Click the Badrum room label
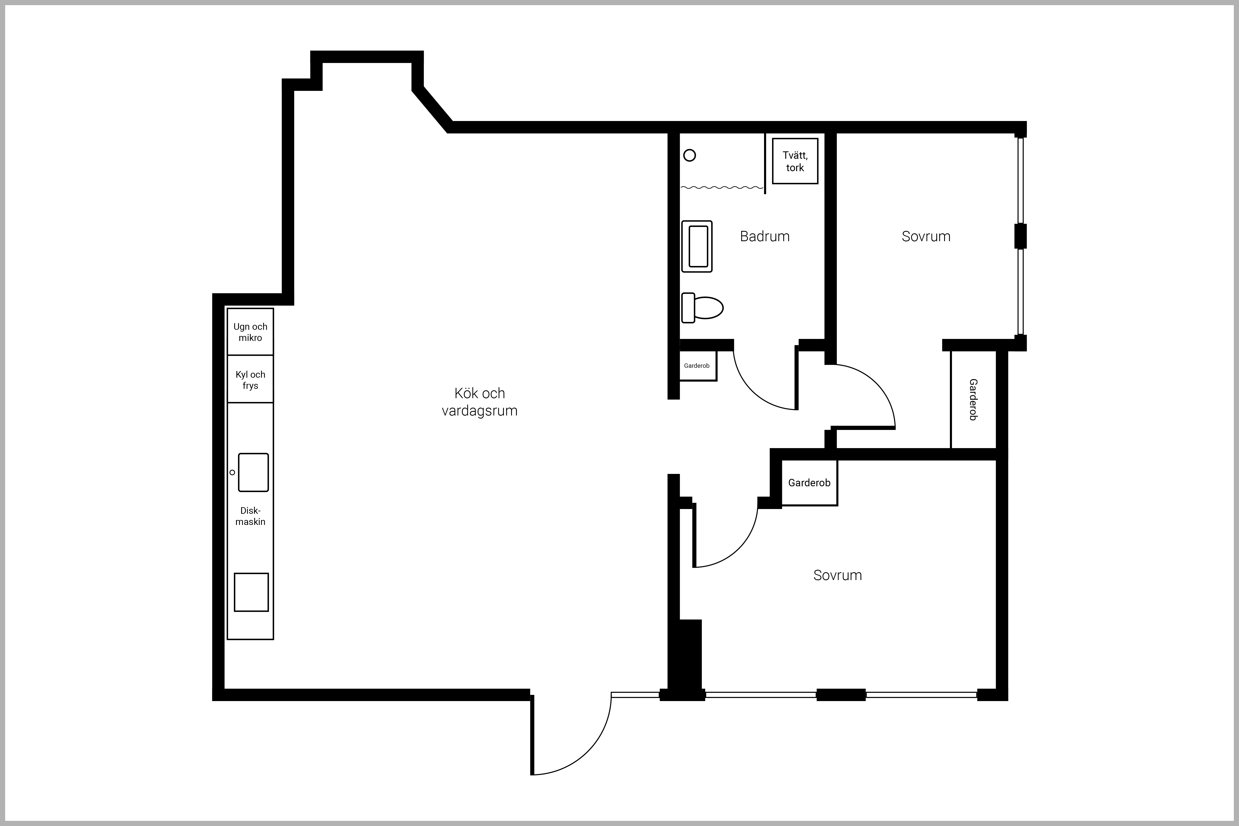point(765,236)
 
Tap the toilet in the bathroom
point(702,308)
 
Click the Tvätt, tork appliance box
point(795,161)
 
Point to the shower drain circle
point(690,155)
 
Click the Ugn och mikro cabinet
point(250,332)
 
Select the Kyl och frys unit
point(250,379)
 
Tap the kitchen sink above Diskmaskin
point(253,472)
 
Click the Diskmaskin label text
point(250,516)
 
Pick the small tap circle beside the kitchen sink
point(232,472)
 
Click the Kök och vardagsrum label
point(479,402)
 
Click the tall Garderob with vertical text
point(973,399)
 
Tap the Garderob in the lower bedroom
point(809,483)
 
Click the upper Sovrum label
point(926,236)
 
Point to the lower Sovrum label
point(838,575)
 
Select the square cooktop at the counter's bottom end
point(251,592)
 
